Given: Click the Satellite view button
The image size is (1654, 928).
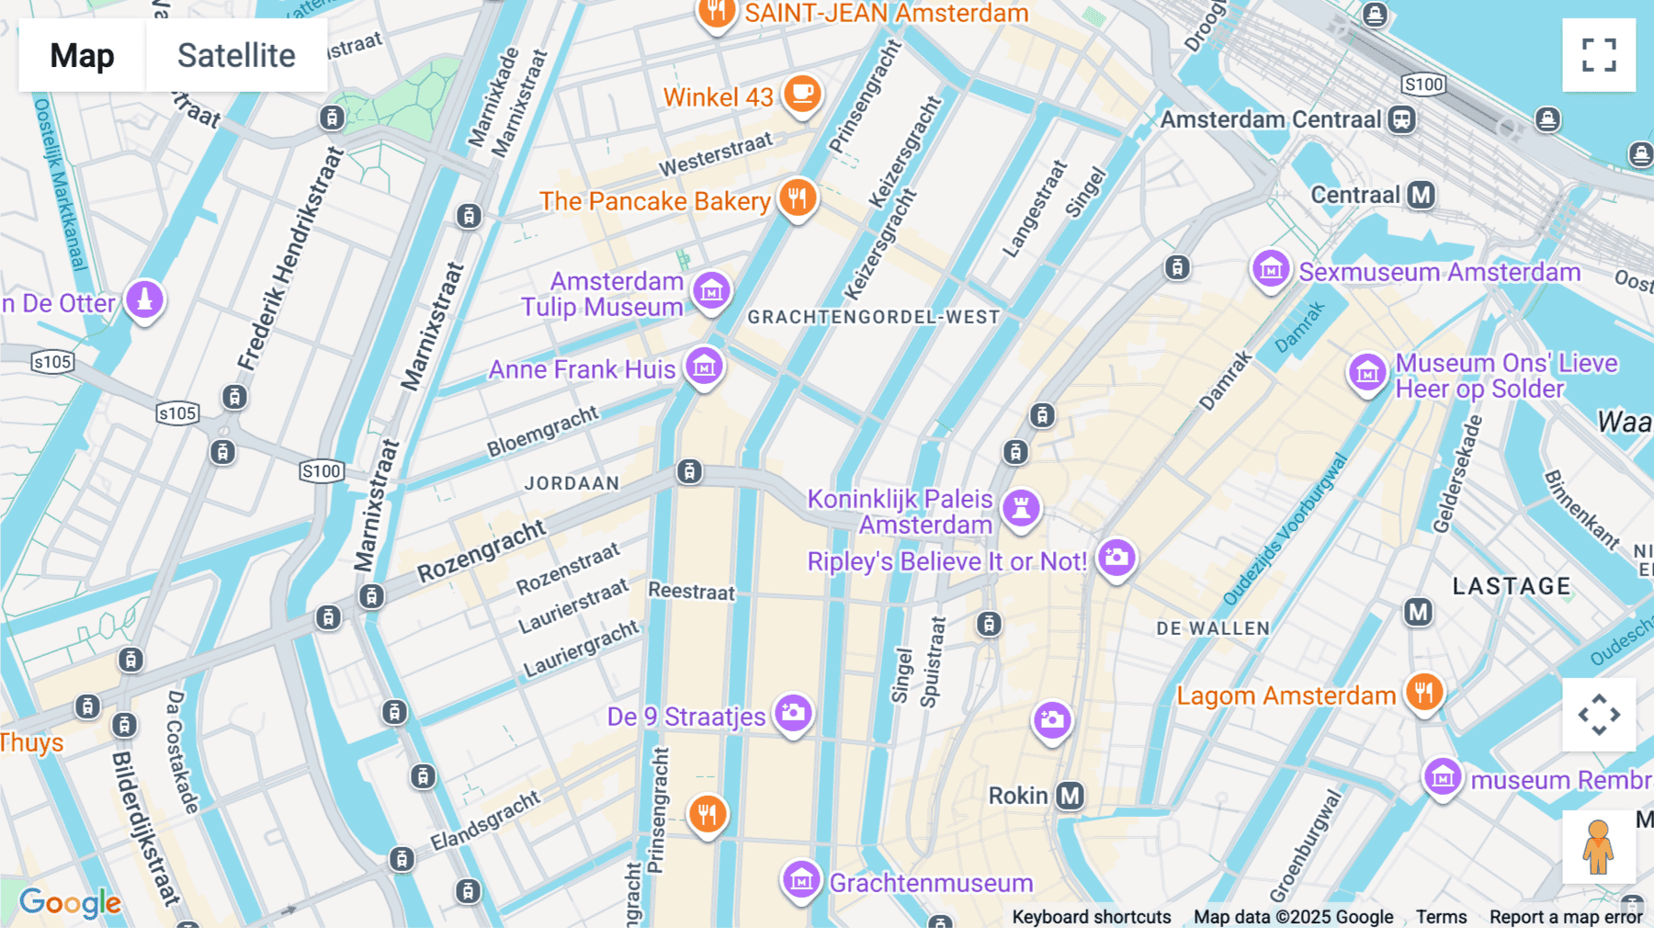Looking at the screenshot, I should click(x=236, y=55).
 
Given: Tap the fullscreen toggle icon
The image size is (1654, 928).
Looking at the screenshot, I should click(x=1599, y=55).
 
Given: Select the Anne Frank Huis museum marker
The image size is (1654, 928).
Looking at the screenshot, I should click(x=705, y=367).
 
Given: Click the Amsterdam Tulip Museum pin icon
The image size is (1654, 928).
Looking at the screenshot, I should click(x=711, y=291).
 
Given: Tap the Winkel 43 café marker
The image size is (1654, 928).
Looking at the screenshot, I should click(x=802, y=94).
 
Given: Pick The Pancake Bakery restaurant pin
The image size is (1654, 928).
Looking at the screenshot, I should click(x=798, y=198).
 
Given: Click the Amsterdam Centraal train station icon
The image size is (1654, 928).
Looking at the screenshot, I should click(x=1402, y=119).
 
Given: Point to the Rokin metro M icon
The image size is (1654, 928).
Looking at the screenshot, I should click(x=1070, y=796).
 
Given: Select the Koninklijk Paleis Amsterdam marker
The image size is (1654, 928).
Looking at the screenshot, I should click(x=1021, y=507).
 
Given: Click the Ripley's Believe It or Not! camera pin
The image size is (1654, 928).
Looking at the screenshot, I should click(x=1116, y=558).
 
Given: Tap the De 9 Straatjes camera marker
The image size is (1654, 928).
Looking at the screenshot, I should click(x=793, y=713).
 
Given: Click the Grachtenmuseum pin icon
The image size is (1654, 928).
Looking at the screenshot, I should click(x=801, y=880).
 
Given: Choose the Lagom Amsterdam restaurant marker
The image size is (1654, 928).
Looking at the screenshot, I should click(x=1424, y=692).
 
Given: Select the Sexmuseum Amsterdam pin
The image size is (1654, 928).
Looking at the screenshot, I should click(x=1272, y=269).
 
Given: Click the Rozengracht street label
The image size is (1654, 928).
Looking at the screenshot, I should click(x=481, y=551).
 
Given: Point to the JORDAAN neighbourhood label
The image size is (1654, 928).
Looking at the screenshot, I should click(x=572, y=483).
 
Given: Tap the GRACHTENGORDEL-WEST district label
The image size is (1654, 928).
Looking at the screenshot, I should click(x=873, y=318).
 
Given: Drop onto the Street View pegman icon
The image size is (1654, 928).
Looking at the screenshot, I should click(x=1598, y=846).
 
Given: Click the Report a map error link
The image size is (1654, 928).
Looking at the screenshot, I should click(x=1566, y=917).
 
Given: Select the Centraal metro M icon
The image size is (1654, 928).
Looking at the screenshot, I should click(x=1422, y=195).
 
